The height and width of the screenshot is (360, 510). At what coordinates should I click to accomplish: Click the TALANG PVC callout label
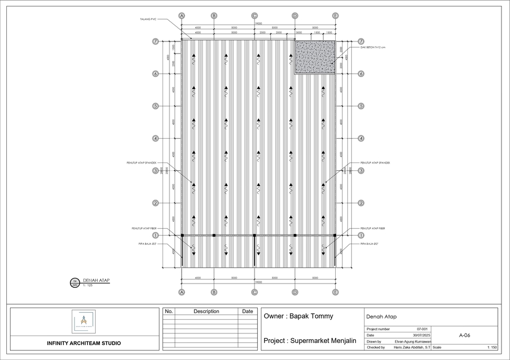point(148,19)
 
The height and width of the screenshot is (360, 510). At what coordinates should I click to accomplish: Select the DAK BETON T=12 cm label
point(372,47)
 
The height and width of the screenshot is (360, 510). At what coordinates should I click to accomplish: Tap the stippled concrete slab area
point(315,57)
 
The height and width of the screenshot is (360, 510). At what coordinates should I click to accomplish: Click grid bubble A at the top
point(182,16)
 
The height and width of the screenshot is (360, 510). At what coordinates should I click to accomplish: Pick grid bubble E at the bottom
point(335,292)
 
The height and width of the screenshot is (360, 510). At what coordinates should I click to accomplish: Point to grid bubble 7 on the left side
point(156,41)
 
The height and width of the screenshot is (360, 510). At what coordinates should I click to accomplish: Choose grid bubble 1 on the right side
point(361,235)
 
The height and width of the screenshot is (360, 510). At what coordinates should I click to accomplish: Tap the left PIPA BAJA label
point(147,244)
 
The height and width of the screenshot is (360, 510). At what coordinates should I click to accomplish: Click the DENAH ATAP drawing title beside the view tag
point(96,280)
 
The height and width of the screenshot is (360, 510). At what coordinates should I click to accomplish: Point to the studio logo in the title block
point(83,321)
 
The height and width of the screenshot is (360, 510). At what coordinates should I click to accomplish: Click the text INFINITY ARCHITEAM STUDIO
point(83,343)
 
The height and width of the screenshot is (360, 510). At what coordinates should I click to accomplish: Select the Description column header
point(206,311)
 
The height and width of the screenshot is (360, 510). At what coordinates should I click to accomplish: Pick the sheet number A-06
point(464,336)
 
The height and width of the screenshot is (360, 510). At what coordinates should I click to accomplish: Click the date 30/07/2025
point(421,336)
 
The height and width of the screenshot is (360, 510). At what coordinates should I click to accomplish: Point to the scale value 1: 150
point(492,347)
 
